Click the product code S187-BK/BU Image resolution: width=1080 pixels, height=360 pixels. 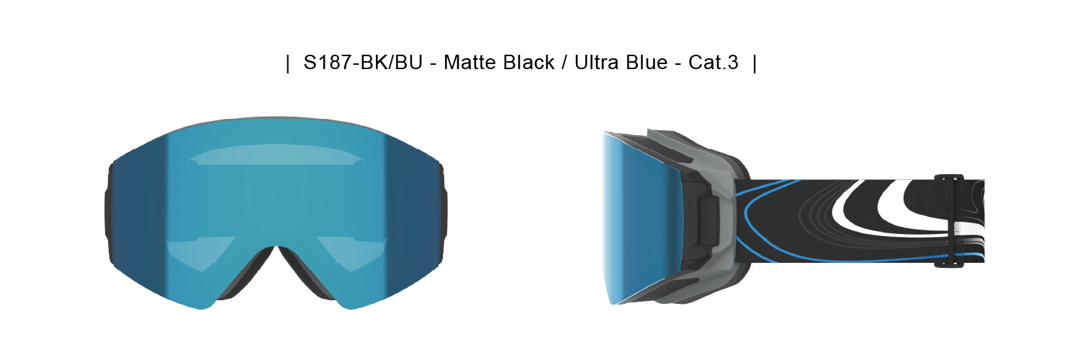pos(362,63)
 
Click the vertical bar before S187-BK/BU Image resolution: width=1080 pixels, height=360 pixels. pos(288,63)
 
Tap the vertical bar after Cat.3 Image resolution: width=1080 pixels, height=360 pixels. pos(754,63)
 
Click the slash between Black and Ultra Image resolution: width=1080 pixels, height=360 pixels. pos(560,63)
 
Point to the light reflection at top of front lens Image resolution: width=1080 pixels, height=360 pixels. pos(274,155)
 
